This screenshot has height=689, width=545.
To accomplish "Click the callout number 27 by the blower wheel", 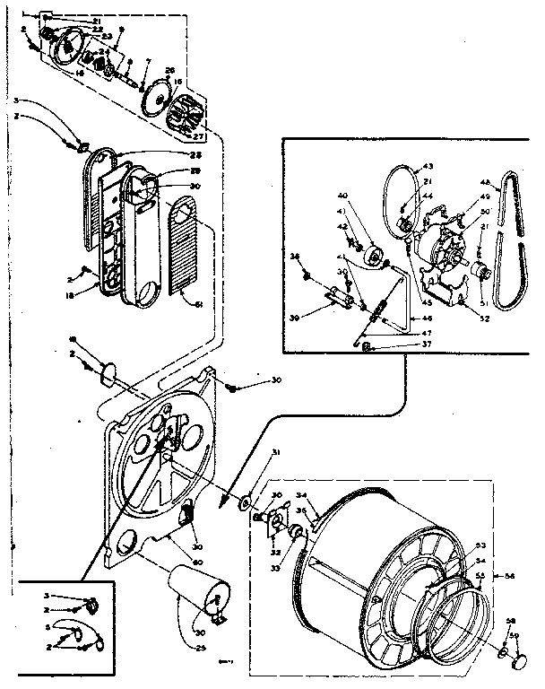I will click(x=198, y=136).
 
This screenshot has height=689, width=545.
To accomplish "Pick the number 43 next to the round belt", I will click(x=428, y=167).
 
